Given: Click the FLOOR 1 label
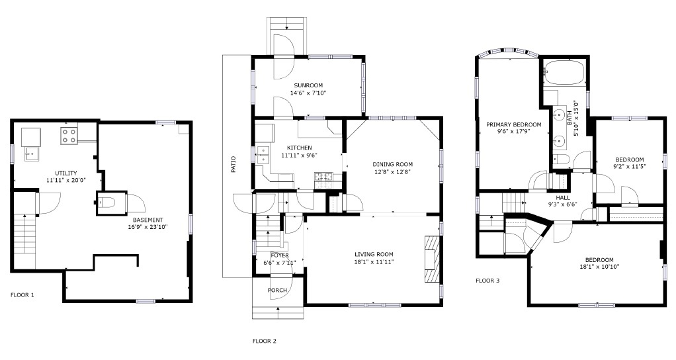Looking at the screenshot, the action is [x=22, y=295].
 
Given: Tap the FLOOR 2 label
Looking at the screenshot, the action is [x=265, y=341].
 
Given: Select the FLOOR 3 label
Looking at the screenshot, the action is [x=487, y=281].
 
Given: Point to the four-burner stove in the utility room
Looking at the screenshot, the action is [x=69, y=136].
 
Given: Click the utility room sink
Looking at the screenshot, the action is [x=32, y=154].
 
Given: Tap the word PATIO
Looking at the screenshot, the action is [x=233, y=164].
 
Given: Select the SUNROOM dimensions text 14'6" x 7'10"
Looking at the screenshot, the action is [x=308, y=93].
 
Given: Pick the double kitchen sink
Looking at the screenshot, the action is [x=263, y=156].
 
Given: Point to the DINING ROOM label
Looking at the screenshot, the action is [x=393, y=164].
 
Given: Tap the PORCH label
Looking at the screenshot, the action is [x=278, y=290].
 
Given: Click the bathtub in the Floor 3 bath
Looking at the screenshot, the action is [x=564, y=73].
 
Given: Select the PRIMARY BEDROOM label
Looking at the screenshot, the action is [x=514, y=124].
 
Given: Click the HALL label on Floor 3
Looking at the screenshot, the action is [x=563, y=198].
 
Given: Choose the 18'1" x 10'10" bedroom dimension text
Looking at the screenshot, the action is [x=599, y=267].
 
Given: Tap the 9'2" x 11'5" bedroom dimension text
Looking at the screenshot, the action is [x=630, y=166].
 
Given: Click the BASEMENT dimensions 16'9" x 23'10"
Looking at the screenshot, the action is [x=148, y=227].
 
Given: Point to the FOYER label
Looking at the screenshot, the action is [x=280, y=255].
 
